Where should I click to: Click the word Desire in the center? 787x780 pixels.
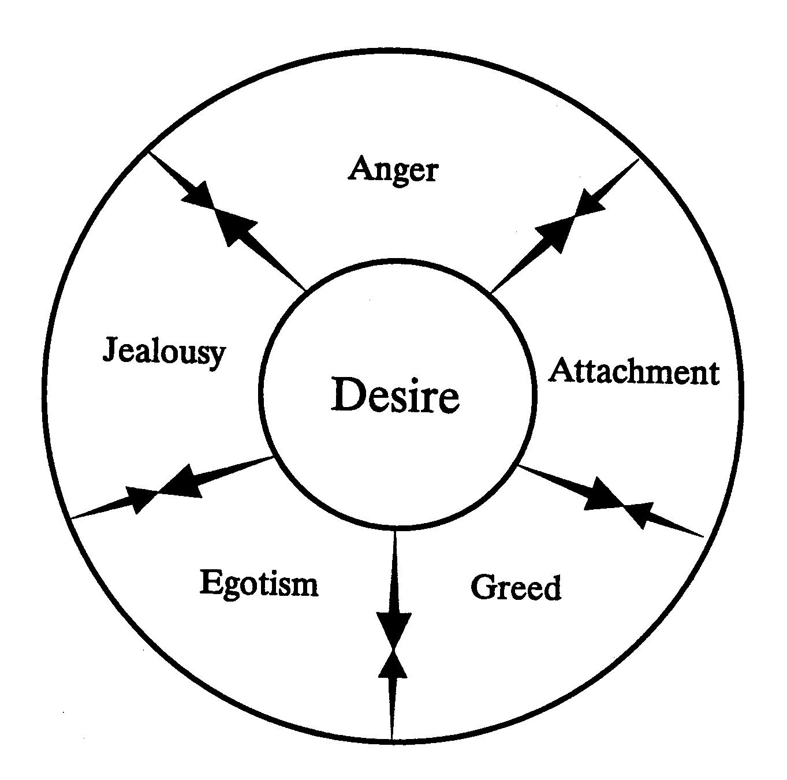396,396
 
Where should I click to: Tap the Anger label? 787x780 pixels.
393,170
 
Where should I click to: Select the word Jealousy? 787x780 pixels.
164,351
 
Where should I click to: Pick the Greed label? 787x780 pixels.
516,588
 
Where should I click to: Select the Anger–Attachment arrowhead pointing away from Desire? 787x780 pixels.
554,231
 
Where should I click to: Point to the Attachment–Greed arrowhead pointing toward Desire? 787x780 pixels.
638,511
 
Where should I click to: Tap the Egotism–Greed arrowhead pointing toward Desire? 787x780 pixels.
393,664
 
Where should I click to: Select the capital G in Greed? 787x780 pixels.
482,588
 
